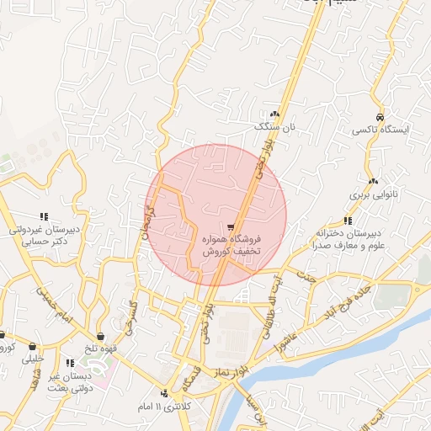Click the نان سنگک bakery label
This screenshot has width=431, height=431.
point(278,126)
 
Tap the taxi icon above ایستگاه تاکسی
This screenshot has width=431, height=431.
point(380,116)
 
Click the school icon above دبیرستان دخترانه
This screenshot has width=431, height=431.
point(348,220)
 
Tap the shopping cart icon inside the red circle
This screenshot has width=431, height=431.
point(231,226)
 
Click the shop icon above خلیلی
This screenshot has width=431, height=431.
point(33,346)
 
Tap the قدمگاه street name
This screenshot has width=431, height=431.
point(181,379)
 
